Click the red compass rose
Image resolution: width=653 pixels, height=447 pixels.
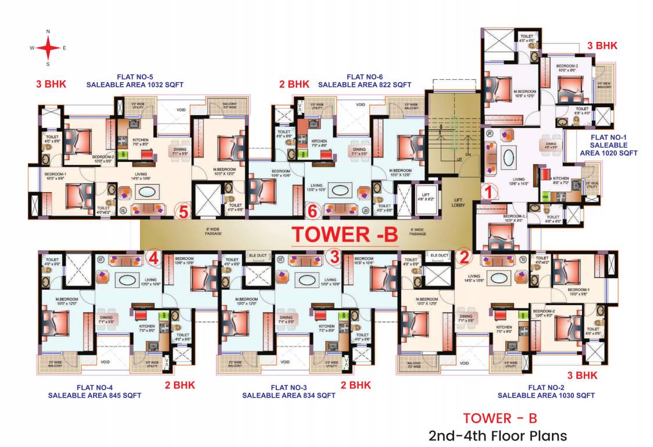click(x=48, y=48)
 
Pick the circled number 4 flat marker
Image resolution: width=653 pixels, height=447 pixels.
click(x=154, y=256)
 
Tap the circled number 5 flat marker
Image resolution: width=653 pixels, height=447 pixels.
click(x=183, y=212)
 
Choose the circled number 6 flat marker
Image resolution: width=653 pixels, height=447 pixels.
click(x=312, y=211)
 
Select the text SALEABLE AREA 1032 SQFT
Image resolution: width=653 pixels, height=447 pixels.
click(x=135, y=85)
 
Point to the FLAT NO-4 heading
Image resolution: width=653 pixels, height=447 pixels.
click(x=95, y=388)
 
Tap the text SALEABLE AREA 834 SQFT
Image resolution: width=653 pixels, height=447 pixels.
click(x=288, y=396)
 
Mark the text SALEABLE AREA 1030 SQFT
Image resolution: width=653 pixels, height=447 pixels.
click(x=546, y=396)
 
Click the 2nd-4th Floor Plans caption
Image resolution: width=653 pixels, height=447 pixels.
click(x=497, y=435)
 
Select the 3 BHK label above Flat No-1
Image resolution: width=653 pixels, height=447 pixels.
click(x=602, y=45)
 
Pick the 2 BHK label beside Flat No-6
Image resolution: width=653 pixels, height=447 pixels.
click(x=294, y=84)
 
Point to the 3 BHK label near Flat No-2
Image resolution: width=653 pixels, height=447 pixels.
click(x=582, y=375)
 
